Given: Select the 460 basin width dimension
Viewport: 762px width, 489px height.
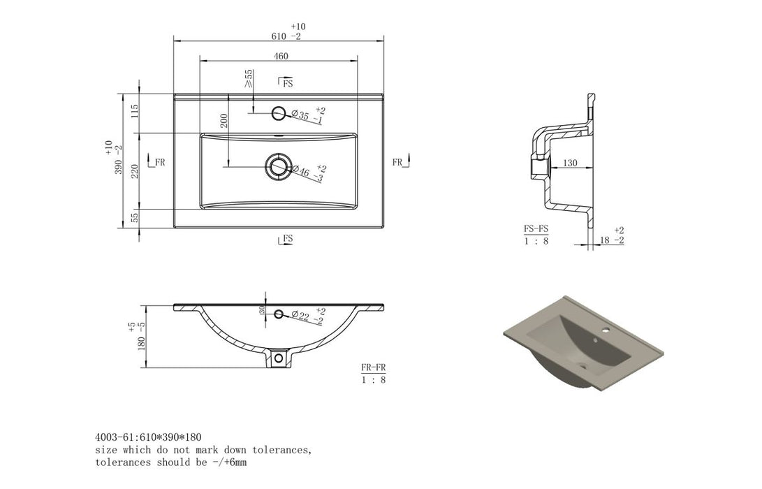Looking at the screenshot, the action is pyautogui.click(x=281, y=57).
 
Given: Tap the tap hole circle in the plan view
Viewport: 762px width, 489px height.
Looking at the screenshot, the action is pyautogui.click(x=279, y=113).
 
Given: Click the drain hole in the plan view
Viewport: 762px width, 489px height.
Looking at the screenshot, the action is pyautogui.click(x=278, y=167).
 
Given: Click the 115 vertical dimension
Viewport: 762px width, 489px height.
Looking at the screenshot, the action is pyautogui.click(x=135, y=111).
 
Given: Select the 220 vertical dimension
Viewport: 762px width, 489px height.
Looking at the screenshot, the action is pyautogui.click(x=135, y=171).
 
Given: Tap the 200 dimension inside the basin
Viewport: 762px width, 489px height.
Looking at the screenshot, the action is pyautogui.click(x=224, y=121).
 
